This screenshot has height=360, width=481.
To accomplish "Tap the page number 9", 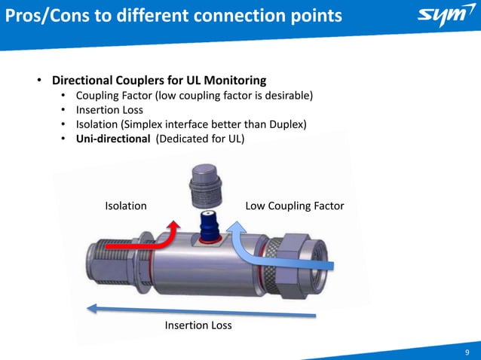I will (467, 349).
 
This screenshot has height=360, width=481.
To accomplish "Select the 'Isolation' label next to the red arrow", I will (125, 206).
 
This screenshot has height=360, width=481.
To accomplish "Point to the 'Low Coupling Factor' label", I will (295, 206).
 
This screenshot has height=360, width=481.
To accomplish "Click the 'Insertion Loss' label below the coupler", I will (198, 325).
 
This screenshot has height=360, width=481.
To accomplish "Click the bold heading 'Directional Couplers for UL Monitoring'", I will (158, 80).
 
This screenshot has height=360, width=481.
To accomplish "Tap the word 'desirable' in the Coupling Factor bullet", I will (286, 95).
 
